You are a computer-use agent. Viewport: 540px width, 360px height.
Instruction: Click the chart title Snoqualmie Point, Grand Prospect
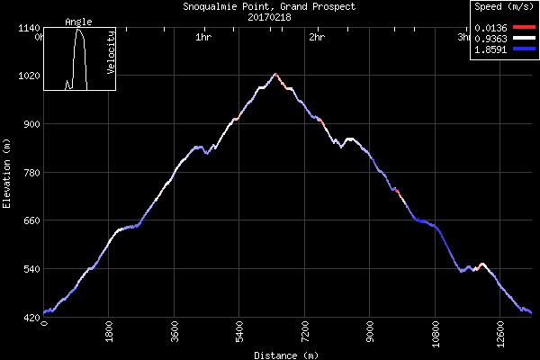coord(269,6)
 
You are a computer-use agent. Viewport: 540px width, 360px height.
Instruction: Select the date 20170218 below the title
coord(269,16)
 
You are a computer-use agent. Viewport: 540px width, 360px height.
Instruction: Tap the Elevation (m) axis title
coord(7,173)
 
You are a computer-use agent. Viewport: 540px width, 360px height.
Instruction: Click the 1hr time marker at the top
coord(203,37)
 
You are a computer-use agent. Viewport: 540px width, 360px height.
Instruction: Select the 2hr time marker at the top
coord(316,37)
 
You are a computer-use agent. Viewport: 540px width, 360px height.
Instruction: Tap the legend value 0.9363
coord(492,40)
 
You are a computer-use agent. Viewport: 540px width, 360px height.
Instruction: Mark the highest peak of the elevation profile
coord(274,74)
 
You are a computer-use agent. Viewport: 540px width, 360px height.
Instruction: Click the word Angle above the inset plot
coord(78,22)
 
